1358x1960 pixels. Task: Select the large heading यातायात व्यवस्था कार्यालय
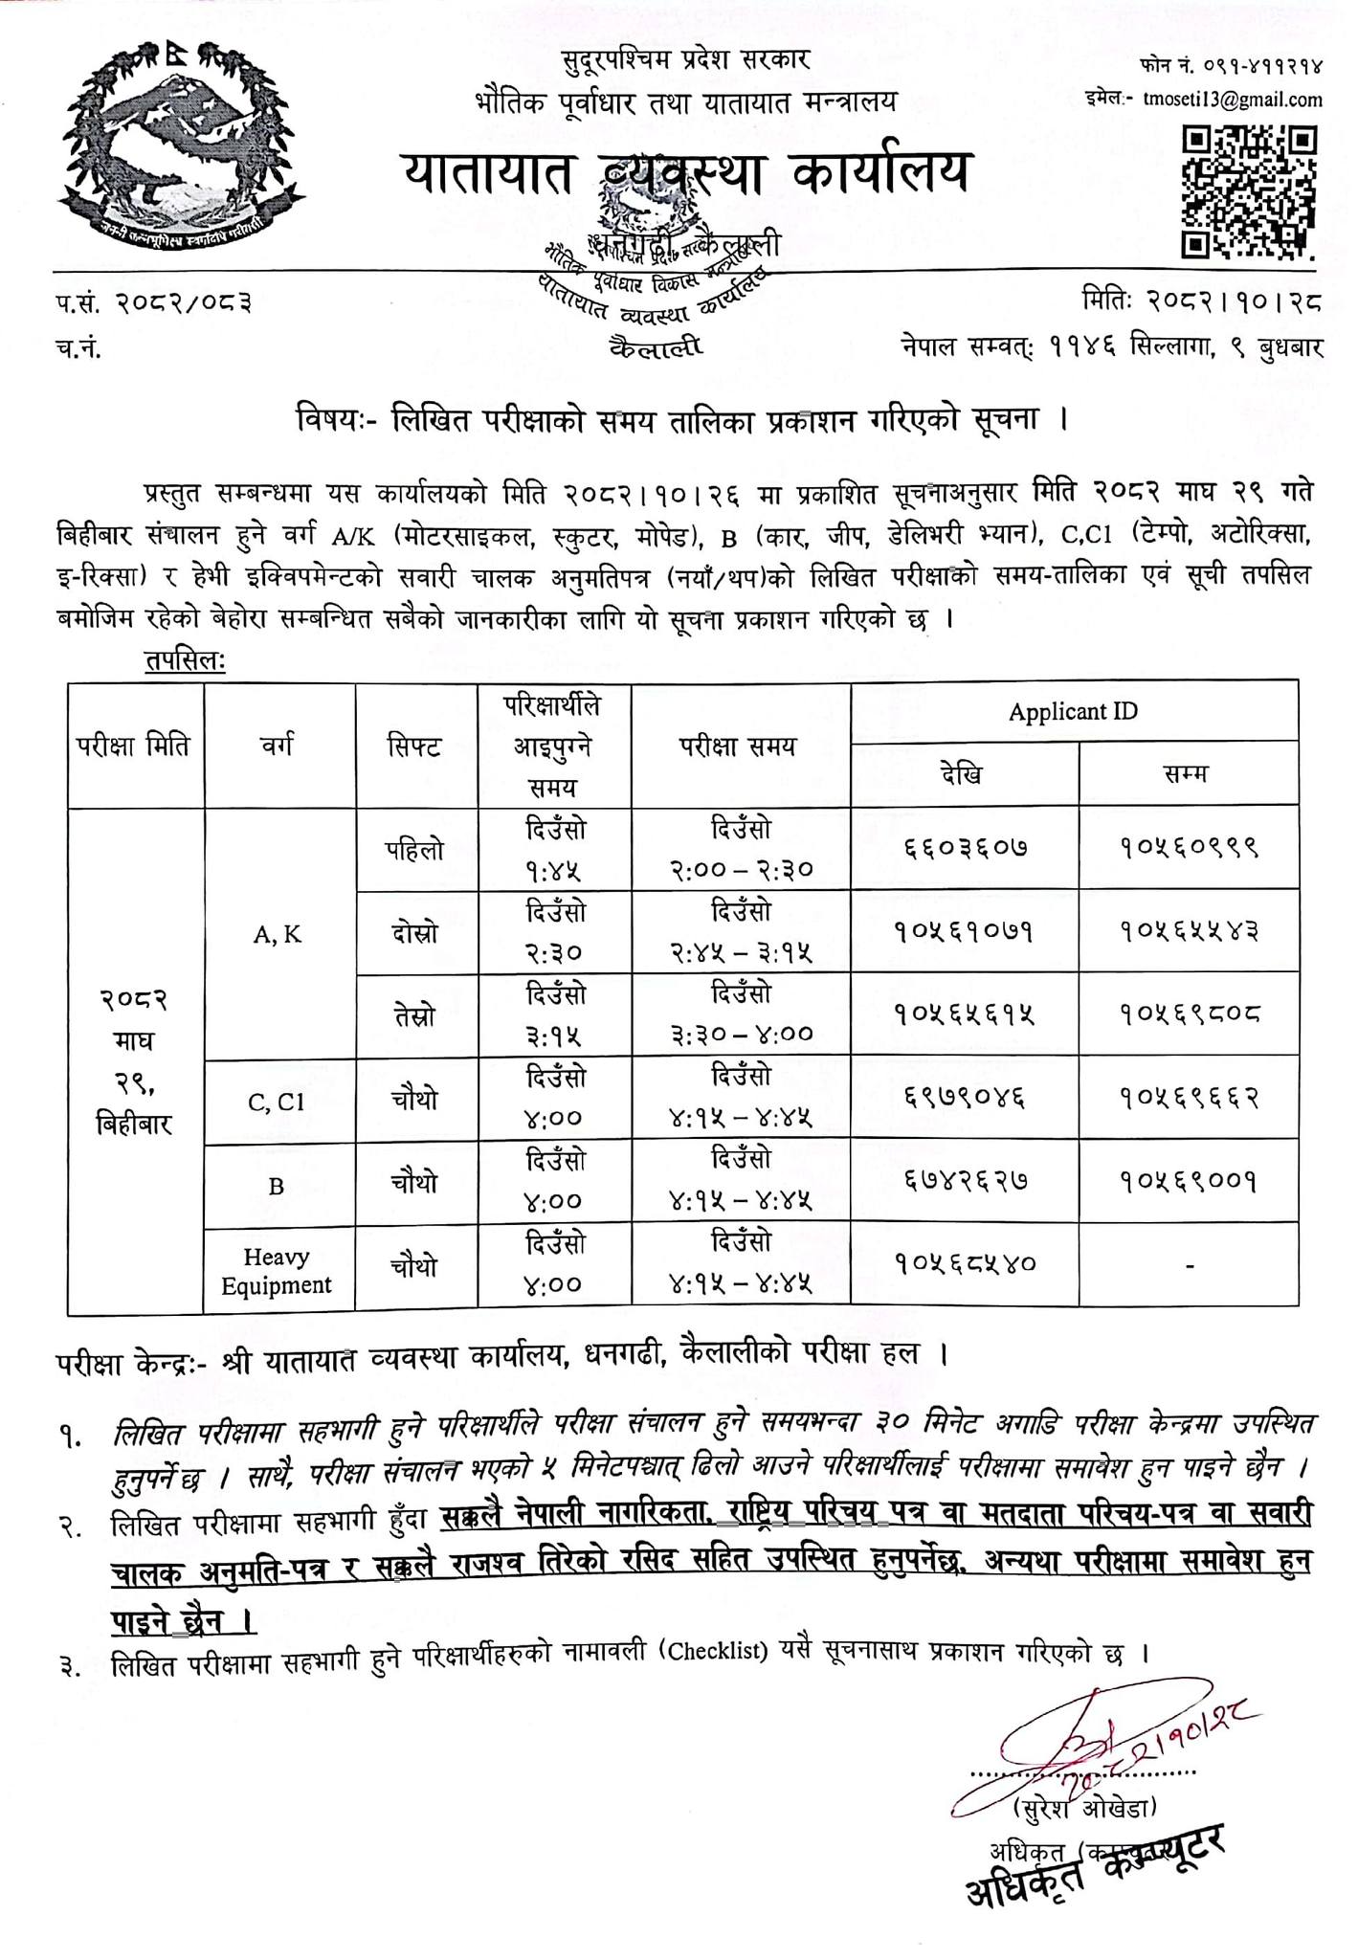(685, 172)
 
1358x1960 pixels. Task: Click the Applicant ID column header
(1073, 712)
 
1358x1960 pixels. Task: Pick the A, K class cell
(278, 935)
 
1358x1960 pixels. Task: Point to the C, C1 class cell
(277, 1102)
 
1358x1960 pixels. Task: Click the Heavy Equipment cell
(277, 1271)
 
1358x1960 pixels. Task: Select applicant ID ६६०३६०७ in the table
(966, 848)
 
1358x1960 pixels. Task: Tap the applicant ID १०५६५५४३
(1190, 930)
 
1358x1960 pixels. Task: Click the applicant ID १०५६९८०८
(1190, 1013)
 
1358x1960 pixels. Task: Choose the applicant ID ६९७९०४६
(966, 1097)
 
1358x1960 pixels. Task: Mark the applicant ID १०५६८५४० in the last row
(966, 1263)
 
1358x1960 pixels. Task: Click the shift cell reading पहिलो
(414, 849)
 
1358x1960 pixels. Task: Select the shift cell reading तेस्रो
(414, 1015)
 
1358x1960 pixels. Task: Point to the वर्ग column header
(278, 745)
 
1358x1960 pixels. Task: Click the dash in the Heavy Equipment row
(1190, 1265)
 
